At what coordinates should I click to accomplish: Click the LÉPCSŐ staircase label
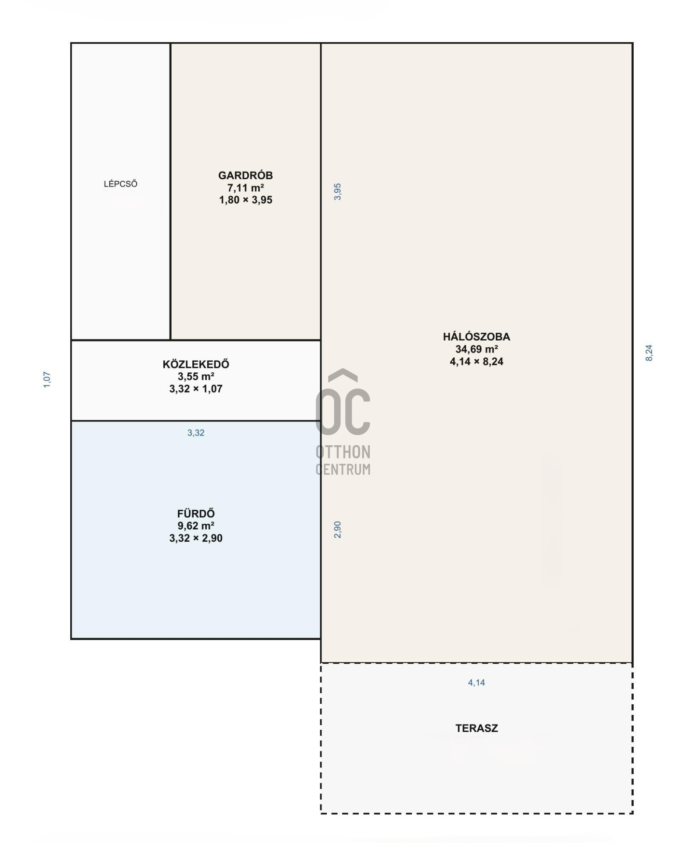point(120,184)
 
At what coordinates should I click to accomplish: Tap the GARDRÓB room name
point(246,175)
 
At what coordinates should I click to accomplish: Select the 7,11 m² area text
point(246,188)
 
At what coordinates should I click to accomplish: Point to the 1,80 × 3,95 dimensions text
point(246,200)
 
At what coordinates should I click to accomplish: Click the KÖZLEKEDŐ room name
point(196,364)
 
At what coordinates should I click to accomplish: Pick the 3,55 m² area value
point(196,376)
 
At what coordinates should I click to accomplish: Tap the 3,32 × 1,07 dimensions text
point(196,389)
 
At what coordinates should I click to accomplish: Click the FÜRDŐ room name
point(196,513)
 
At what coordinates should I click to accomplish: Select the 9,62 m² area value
point(196,526)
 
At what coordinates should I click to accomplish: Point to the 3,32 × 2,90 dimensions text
point(196,538)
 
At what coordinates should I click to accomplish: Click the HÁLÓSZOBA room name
point(477,337)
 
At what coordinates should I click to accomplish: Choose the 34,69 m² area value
point(477,349)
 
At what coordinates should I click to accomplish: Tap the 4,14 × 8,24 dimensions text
point(477,361)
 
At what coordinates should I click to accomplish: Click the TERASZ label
point(477,728)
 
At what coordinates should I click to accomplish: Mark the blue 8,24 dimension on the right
point(649,353)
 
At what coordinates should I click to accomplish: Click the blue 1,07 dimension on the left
point(47,380)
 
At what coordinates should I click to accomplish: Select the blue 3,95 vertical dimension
point(337,192)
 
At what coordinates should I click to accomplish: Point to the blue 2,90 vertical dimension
point(337,530)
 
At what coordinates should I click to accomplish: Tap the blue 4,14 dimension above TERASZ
point(477,683)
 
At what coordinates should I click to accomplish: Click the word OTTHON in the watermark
point(343,452)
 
